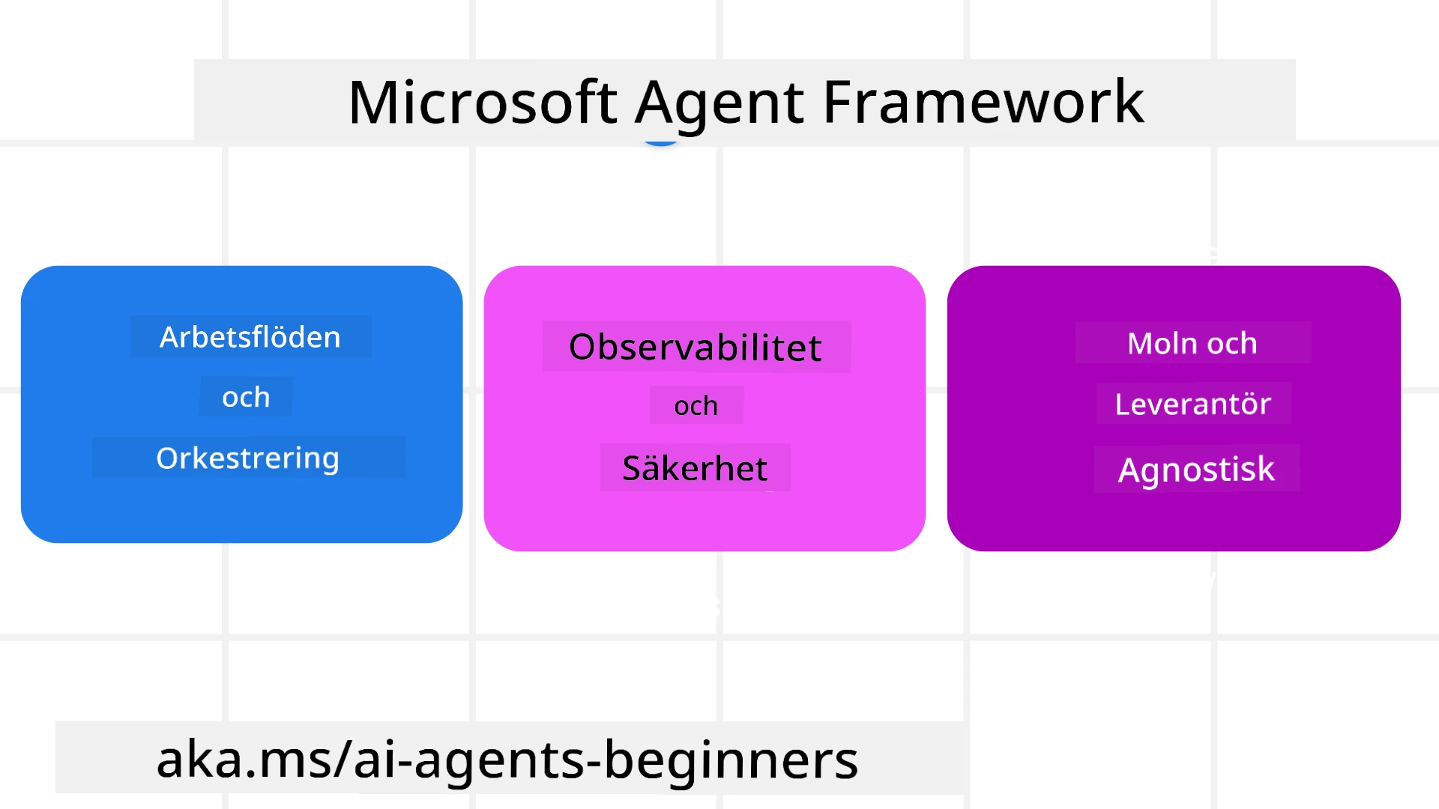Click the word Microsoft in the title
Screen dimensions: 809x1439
click(483, 103)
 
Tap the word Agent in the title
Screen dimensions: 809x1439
click(719, 103)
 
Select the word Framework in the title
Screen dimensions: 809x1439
click(983, 103)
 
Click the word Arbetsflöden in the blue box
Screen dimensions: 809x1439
click(250, 338)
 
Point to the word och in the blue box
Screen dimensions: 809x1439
click(246, 397)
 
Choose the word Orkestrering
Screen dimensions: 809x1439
click(247, 458)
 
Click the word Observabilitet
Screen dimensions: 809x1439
click(696, 348)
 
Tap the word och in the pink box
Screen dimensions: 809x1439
click(696, 406)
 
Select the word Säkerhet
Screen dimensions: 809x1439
click(695, 469)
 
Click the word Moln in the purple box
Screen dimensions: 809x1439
click(1162, 344)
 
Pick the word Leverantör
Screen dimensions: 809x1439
click(1192, 404)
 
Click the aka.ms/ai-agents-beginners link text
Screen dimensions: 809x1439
click(507, 760)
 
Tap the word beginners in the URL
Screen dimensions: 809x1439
click(731, 760)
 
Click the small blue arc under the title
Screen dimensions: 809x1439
click(660, 142)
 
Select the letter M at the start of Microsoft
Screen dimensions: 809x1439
click(372, 103)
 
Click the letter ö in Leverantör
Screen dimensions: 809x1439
click(1247, 404)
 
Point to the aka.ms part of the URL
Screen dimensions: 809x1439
click(242, 760)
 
